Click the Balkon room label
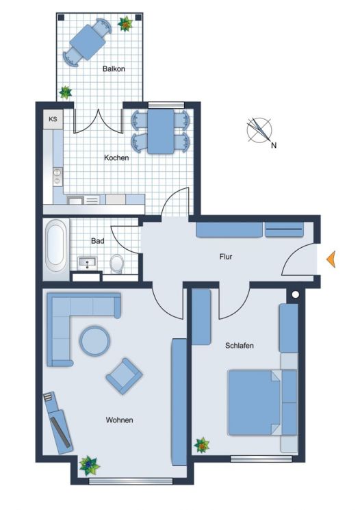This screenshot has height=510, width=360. tap(112, 68)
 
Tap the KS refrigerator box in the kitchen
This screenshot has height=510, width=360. tap(53, 118)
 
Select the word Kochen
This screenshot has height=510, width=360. tap(116, 157)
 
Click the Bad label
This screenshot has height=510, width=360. tap(97, 241)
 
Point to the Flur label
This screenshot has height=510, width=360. tap(227, 258)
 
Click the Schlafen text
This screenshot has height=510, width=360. tap(240, 346)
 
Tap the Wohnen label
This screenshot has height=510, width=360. tap(119, 420)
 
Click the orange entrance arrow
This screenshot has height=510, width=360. tap(331, 259)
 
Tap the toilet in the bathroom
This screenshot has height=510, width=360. tap(117, 262)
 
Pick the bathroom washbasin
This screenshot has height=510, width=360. tap(87, 263)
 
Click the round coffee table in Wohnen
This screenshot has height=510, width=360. tap(94, 340)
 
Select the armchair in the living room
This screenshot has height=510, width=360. tap(124, 376)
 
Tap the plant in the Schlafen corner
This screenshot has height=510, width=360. tap(202, 446)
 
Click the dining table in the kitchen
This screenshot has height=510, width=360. tap(162, 131)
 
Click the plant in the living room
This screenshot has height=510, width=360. tap(89, 466)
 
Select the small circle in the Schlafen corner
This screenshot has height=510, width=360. tap(296, 295)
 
